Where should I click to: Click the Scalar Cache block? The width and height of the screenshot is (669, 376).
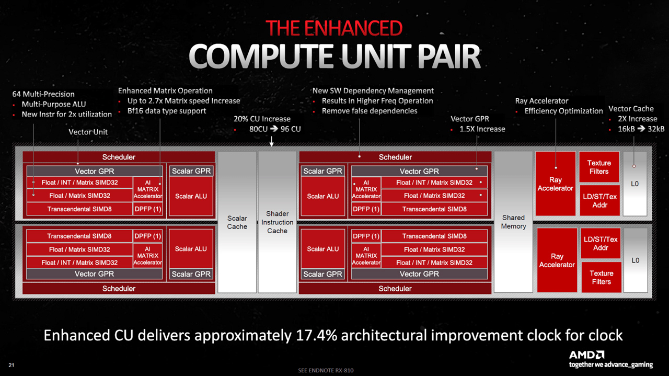pos(237,222)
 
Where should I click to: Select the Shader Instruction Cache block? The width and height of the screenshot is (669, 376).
pos(277,222)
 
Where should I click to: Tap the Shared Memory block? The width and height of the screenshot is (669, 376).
pos(513,222)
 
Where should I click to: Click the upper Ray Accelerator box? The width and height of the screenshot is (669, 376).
pos(555,184)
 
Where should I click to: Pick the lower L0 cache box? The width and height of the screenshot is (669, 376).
pos(635,260)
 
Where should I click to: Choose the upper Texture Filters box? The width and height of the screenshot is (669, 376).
pos(599,167)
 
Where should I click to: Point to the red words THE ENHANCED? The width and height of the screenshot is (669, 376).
pos(333,28)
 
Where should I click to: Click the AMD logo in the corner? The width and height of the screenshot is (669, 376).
pos(586,355)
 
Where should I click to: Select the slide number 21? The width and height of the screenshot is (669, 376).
pos(11,364)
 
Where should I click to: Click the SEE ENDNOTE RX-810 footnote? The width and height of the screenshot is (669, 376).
pos(326,370)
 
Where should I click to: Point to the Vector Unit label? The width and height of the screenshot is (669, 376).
pos(88,132)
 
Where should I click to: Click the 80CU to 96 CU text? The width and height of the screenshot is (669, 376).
pos(275,129)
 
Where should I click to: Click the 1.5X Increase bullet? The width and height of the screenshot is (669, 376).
pos(482,129)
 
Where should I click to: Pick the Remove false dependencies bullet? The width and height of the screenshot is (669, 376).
pos(369,111)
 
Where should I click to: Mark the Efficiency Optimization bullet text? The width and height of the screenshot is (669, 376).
pos(563,111)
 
